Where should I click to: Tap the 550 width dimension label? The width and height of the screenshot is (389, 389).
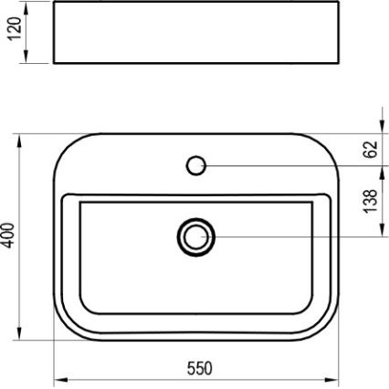click(x=199, y=368)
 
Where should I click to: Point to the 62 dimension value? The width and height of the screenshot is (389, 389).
click(x=371, y=149)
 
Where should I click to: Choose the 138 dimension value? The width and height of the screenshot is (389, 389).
click(x=371, y=200)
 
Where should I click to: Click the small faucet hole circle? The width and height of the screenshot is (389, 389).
click(x=194, y=165)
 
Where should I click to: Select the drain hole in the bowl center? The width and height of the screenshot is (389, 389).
click(x=194, y=237)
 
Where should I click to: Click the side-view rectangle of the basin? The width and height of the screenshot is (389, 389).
click(x=194, y=34)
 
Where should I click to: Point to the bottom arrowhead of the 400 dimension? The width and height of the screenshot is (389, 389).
click(x=19, y=336)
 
